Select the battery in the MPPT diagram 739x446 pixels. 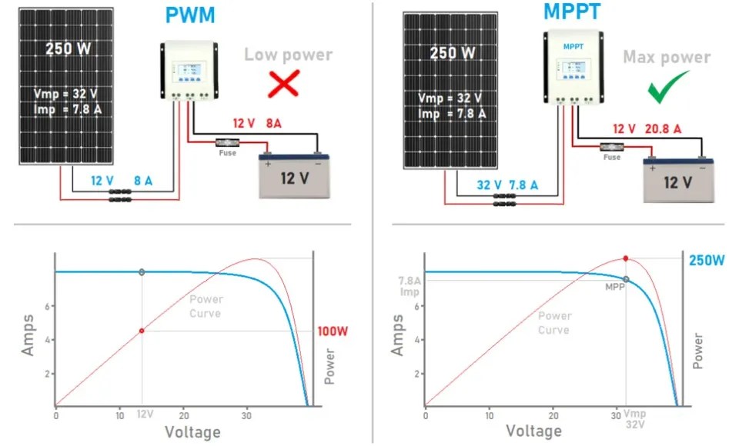pyautogui.click(x=678, y=178)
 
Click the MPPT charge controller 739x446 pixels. pyautogui.click(x=573, y=66)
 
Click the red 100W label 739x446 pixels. pyautogui.click(x=333, y=331)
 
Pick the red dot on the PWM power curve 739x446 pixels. pyautogui.click(x=142, y=331)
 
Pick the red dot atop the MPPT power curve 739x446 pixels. pyautogui.click(x=626, y=258)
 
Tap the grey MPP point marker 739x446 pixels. pyautogui.click(x=626, y=280)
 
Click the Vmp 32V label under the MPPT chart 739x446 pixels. pyautogui.click(x=633, y=419)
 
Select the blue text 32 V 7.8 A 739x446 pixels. pyautogui.click(x=507, y=185)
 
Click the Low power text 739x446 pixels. pyautogui.click(x=288, y=55)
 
